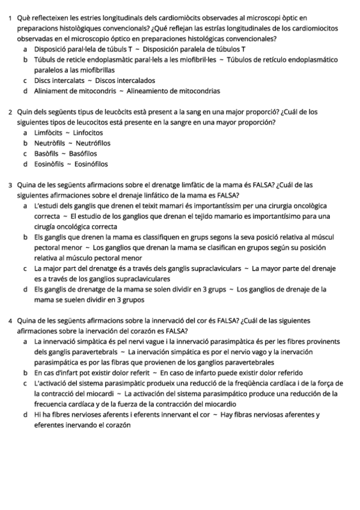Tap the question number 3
pyautogui.click(x=11, y=185)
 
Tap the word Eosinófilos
pyautogui.click(x=90, y=164)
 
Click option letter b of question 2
pyautogui.click(x=25, y=143)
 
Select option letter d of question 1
pyautogui.click(x=25, y=91)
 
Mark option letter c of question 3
pyautogui.click(x=25, y=268)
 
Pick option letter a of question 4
pyautogui.click(x=25, y=342)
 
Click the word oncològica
pyautogui.click(x=308, y=206)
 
